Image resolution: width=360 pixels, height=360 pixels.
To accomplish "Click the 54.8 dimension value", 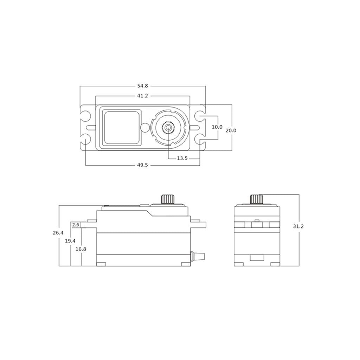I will pyautogui.click(x=142, y=86).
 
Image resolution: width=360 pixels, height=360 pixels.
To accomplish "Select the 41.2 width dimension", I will pyautogui.click(x=142, y=96).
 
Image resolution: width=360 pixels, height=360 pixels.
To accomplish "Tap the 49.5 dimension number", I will pyautogui.click(x=142, y=165).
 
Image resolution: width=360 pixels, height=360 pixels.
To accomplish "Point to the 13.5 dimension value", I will pyautogui.click(x=182, y=159).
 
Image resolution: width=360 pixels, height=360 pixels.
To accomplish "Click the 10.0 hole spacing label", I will pyautogui.click(x=217, y=127).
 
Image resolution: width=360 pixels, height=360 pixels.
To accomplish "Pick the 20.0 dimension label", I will pyautogui.click(x=231, y=130).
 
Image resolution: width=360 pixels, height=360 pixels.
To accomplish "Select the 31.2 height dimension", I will pyautogui.click(x=298, y=226).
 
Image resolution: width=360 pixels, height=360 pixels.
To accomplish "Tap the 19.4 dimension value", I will pyautogui.click(x=70, y=241).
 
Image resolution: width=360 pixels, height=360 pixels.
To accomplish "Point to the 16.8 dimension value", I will pyautogui.click(x=81, y=249).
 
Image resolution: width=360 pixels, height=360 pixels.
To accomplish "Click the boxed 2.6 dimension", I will pyautogui.click(x=76, y=224).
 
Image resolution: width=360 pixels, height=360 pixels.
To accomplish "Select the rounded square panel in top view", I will pyautogui.click(x=121, y=127).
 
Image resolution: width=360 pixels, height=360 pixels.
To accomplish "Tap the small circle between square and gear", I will pyautogui.click(x=144, y=127).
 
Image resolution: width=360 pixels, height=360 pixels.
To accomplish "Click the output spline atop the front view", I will pyautogui.click(x=168, y=199).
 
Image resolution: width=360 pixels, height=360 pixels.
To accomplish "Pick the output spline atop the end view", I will pyautogui.click(x=257, y=199).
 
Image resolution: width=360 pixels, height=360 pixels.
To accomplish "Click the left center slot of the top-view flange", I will pyautogui.click(x=90, y=127).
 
